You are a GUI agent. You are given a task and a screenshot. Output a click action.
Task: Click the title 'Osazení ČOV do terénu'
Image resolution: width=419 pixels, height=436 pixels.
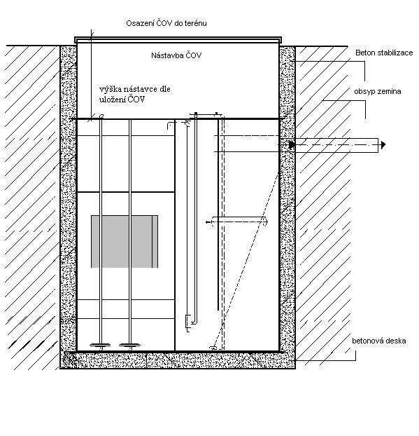pos(166,23)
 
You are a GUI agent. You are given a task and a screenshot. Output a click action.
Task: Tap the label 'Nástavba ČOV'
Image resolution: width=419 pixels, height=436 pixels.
pos(176,55)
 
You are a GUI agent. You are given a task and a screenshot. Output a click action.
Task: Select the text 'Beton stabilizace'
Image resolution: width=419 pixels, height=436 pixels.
pos(384,53)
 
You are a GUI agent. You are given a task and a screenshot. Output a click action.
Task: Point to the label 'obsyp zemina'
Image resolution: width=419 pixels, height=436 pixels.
pos(377,92)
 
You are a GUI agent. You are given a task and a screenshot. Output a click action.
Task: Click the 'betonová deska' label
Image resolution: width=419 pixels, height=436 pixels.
pos(378,341)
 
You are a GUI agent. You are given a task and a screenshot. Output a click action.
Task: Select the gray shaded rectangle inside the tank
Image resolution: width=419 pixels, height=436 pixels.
pos(125,241)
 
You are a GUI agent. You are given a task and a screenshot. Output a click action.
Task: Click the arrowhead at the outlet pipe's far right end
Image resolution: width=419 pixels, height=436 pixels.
pos(383,145)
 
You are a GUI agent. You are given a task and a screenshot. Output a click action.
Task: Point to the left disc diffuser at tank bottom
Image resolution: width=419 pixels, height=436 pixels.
pos(100,346)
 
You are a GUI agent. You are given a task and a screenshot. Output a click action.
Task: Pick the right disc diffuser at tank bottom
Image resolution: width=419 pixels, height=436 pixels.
pos(129,346)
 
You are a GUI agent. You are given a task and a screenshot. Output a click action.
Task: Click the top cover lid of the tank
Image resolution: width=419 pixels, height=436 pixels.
pos(178,40)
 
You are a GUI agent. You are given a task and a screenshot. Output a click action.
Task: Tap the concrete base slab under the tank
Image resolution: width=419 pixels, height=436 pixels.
pos(178,360)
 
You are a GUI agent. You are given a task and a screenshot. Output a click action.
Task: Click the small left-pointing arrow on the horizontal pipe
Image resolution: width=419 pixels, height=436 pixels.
pos(208,222)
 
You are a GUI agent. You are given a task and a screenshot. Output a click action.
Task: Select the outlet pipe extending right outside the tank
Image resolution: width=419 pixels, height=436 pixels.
pos(336,145)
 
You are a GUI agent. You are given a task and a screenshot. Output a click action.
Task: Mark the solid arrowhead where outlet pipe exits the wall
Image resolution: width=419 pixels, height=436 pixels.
pos(292,145)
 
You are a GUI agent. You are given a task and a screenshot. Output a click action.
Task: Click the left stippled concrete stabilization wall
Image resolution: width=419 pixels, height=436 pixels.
pos(69,198)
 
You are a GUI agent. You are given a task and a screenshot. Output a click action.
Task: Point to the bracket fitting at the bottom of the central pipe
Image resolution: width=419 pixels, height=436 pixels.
pos(188,323)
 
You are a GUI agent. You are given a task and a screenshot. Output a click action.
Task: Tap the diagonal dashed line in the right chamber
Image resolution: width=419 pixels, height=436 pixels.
pos(246,260)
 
